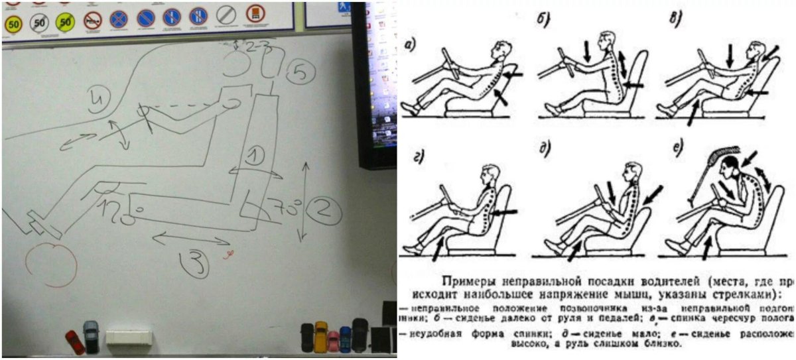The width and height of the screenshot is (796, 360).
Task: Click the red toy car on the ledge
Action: (x=74, y=340)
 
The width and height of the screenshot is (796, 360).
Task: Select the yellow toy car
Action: (x=321, y=335)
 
